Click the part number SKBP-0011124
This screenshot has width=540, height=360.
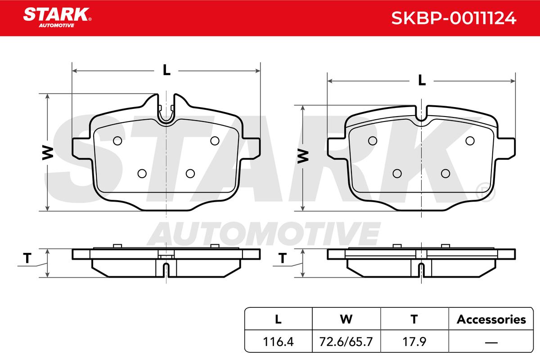(x=454, y=18)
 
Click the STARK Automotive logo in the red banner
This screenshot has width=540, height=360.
(x=57, y=18)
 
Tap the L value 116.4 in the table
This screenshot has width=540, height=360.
(x=278, y=342)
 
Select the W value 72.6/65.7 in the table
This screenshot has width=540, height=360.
(x=346, y=342)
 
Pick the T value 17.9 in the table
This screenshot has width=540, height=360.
(x=414, y=342)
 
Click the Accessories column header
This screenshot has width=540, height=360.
(x=491, y=319)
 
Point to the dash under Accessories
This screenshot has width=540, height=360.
(x=491, y=342)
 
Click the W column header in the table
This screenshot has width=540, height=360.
(x=346, y=319)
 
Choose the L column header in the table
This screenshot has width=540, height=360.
(x=278, y=319)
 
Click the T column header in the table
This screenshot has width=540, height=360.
(x=414, y=319)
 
